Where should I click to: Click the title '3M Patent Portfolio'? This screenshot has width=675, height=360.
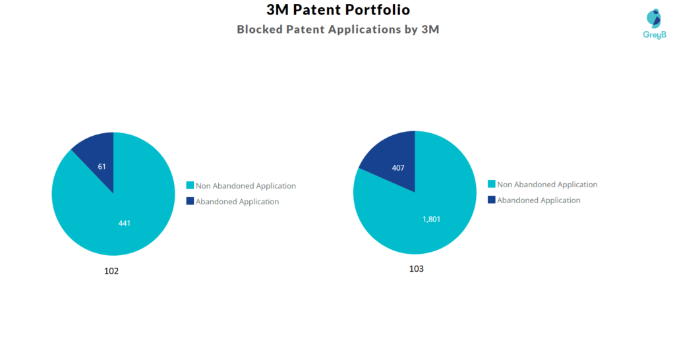[337, 10]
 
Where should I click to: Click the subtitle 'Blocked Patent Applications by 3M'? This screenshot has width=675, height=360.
[337, 30]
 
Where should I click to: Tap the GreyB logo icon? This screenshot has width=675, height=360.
[653, 18]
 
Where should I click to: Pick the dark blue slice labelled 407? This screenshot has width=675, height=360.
[392, 158]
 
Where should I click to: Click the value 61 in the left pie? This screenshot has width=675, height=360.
[102, 167]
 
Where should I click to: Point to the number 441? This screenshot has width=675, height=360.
[124, 224]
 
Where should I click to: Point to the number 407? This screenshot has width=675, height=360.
[397, 168]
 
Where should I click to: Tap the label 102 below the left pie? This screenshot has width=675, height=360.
[111, 271]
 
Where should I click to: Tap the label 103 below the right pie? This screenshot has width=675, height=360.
[416, 269]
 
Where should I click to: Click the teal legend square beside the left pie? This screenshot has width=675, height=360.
[190, 186]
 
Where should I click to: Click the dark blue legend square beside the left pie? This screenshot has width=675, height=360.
[190, 201]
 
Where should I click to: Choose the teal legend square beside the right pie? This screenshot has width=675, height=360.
[491, 185]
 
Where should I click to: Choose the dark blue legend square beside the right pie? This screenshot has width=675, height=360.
[491, 200]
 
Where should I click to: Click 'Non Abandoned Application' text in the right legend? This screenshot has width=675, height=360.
[547, 185]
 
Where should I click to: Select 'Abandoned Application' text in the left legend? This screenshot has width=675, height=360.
[237, 202]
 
